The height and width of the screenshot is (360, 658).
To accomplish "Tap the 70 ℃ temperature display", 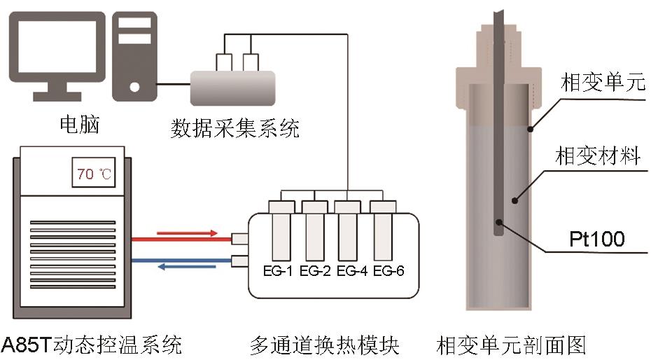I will click(94, 174).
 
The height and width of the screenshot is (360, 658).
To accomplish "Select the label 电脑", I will click(80, 125).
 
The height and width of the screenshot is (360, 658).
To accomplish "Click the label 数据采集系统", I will click(235, 129).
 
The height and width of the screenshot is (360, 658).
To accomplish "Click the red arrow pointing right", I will click(188, 232).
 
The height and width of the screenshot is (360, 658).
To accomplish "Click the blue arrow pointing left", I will click(188, 267).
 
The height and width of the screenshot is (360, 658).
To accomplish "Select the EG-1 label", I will click(278, 271).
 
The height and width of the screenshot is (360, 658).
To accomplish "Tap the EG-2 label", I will click(314, 271).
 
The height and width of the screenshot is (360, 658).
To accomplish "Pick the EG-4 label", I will click(351, 271).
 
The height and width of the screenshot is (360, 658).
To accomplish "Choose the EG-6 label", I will click(388, 271).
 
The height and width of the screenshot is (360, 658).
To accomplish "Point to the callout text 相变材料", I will click(597, 156).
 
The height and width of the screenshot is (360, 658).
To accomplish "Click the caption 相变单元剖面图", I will click(512, 345).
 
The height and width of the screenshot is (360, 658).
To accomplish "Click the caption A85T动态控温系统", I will click(91, 345).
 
